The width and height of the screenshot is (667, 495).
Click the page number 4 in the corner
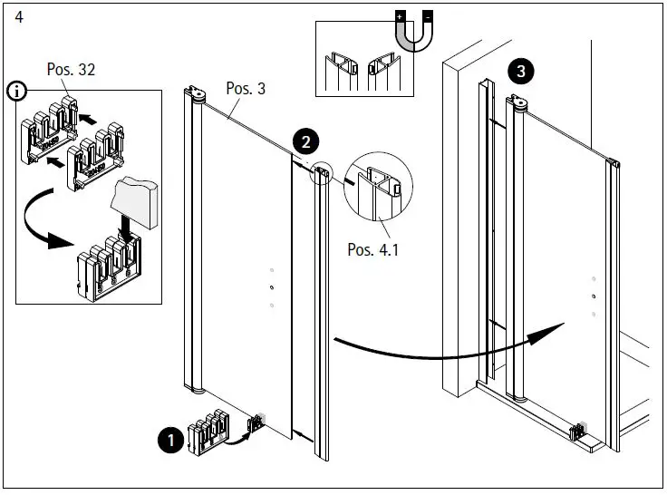(18, 16)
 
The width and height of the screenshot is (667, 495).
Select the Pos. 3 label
(245, 89)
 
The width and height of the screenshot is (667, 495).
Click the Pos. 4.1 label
(372, 248)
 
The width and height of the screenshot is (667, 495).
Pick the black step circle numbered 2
(305, 141)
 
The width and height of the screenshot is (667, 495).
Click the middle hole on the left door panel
(271, 288)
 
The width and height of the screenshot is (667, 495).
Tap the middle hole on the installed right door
(593, 296)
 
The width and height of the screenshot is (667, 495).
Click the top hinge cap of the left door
(198, 92)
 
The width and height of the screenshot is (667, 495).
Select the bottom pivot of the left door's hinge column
(198, 392)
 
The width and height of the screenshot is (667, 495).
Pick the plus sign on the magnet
(398, 16)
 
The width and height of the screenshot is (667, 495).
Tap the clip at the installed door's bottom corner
(576, 433)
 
